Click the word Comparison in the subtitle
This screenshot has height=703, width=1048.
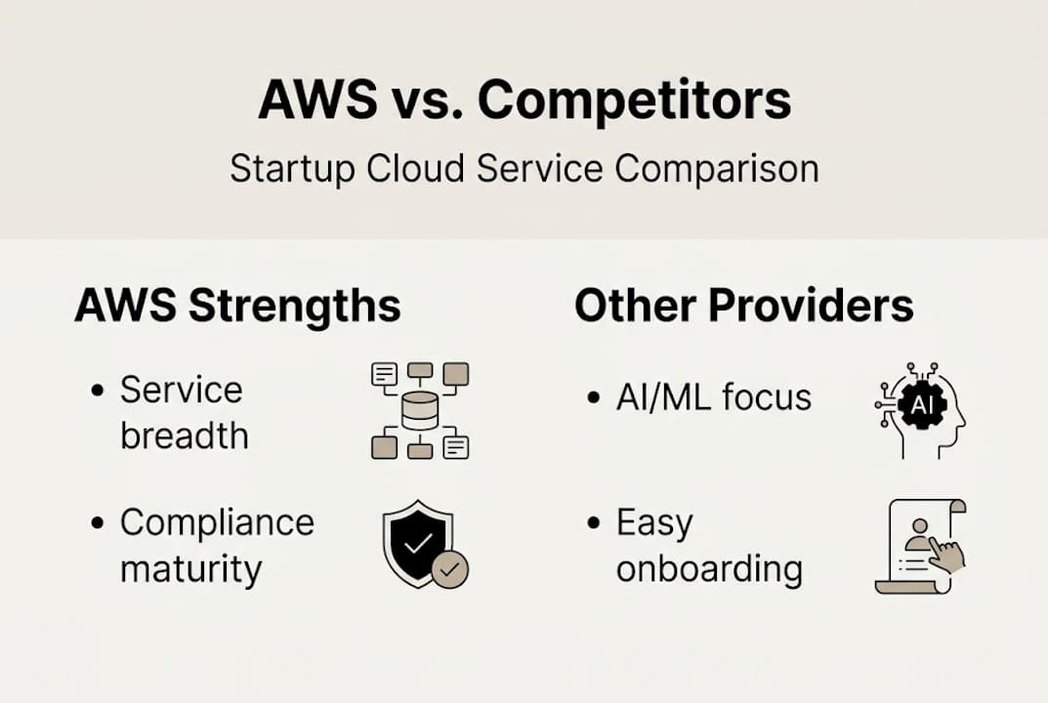pyautogui.click(x=716, y=169)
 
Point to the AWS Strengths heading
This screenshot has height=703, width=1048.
pyautogui.click(x=237, y=306)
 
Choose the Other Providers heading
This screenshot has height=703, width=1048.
pyautogui.click(x=743, y=306)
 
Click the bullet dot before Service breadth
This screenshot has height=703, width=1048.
pyautogui.click(x=97, y=391)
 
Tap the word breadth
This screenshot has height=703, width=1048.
pyautogui.click(x=184, y=435)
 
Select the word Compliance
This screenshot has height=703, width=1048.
pyautogui.click(x=217, y=523)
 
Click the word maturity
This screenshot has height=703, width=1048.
pyautogui.click(x=190, y=568)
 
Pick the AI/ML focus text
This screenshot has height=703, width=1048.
pyautogui.click(x=713, y=397)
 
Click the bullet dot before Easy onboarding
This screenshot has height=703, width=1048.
pyautogui.click(x=593, y=523)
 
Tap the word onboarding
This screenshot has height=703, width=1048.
pyautogui.click(x=709, y=568)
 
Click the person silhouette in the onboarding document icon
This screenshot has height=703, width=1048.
pyautogui.click(x=917, y=533)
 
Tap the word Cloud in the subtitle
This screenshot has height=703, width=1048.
pyautogui.click(x=416, y=169)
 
